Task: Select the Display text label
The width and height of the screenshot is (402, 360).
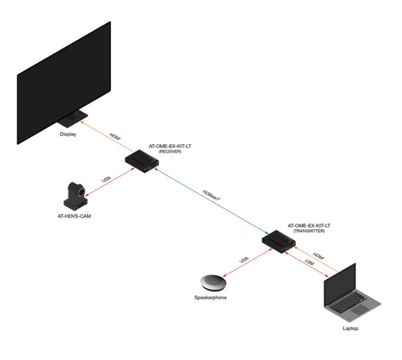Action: [68, 134]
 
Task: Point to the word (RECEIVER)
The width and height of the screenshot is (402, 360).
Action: [167, 152]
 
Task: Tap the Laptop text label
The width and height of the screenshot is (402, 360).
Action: [349, 328]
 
